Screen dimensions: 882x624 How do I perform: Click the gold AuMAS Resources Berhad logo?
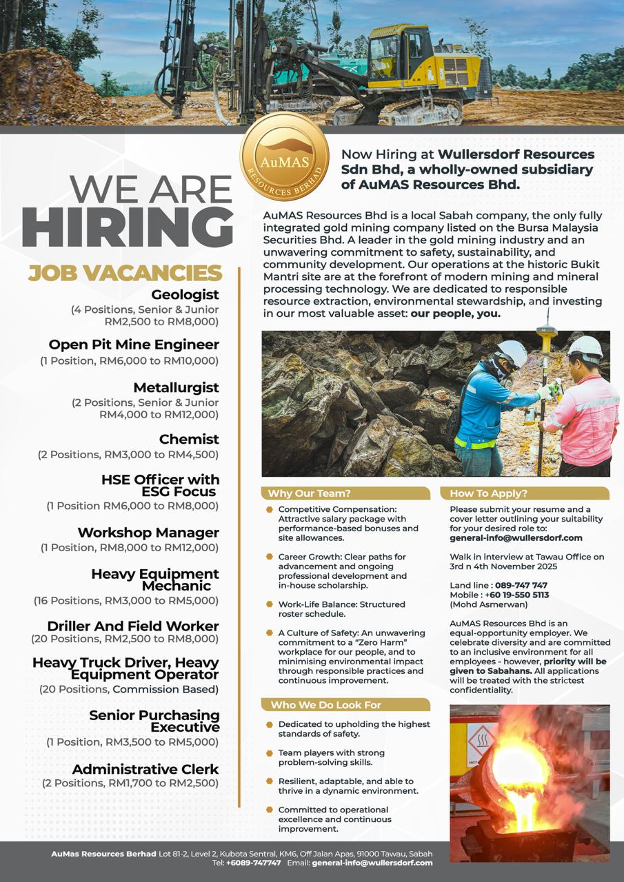[x=284, y=156]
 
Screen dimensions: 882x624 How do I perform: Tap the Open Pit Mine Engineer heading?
[x=134, y=345]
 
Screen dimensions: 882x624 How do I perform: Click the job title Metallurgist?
[x=176, y=387]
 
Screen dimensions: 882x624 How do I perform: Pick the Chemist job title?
[x=189, y=439]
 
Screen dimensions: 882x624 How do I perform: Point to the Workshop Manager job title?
[x=148, y=533]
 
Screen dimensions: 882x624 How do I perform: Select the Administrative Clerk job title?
[x=145, y=769]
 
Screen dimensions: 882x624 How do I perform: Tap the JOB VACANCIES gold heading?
[x=125, y=274]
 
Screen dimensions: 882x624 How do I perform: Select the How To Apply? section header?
[x=488, y=493]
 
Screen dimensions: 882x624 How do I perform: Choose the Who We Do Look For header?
[x=325, y=705]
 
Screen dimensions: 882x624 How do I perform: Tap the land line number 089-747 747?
[x=521, y=585]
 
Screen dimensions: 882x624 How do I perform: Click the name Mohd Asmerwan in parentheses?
[x=481, y=604]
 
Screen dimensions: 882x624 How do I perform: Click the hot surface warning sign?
[x=482, y=740]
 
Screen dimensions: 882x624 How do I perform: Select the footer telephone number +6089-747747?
[x=253, y=863]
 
